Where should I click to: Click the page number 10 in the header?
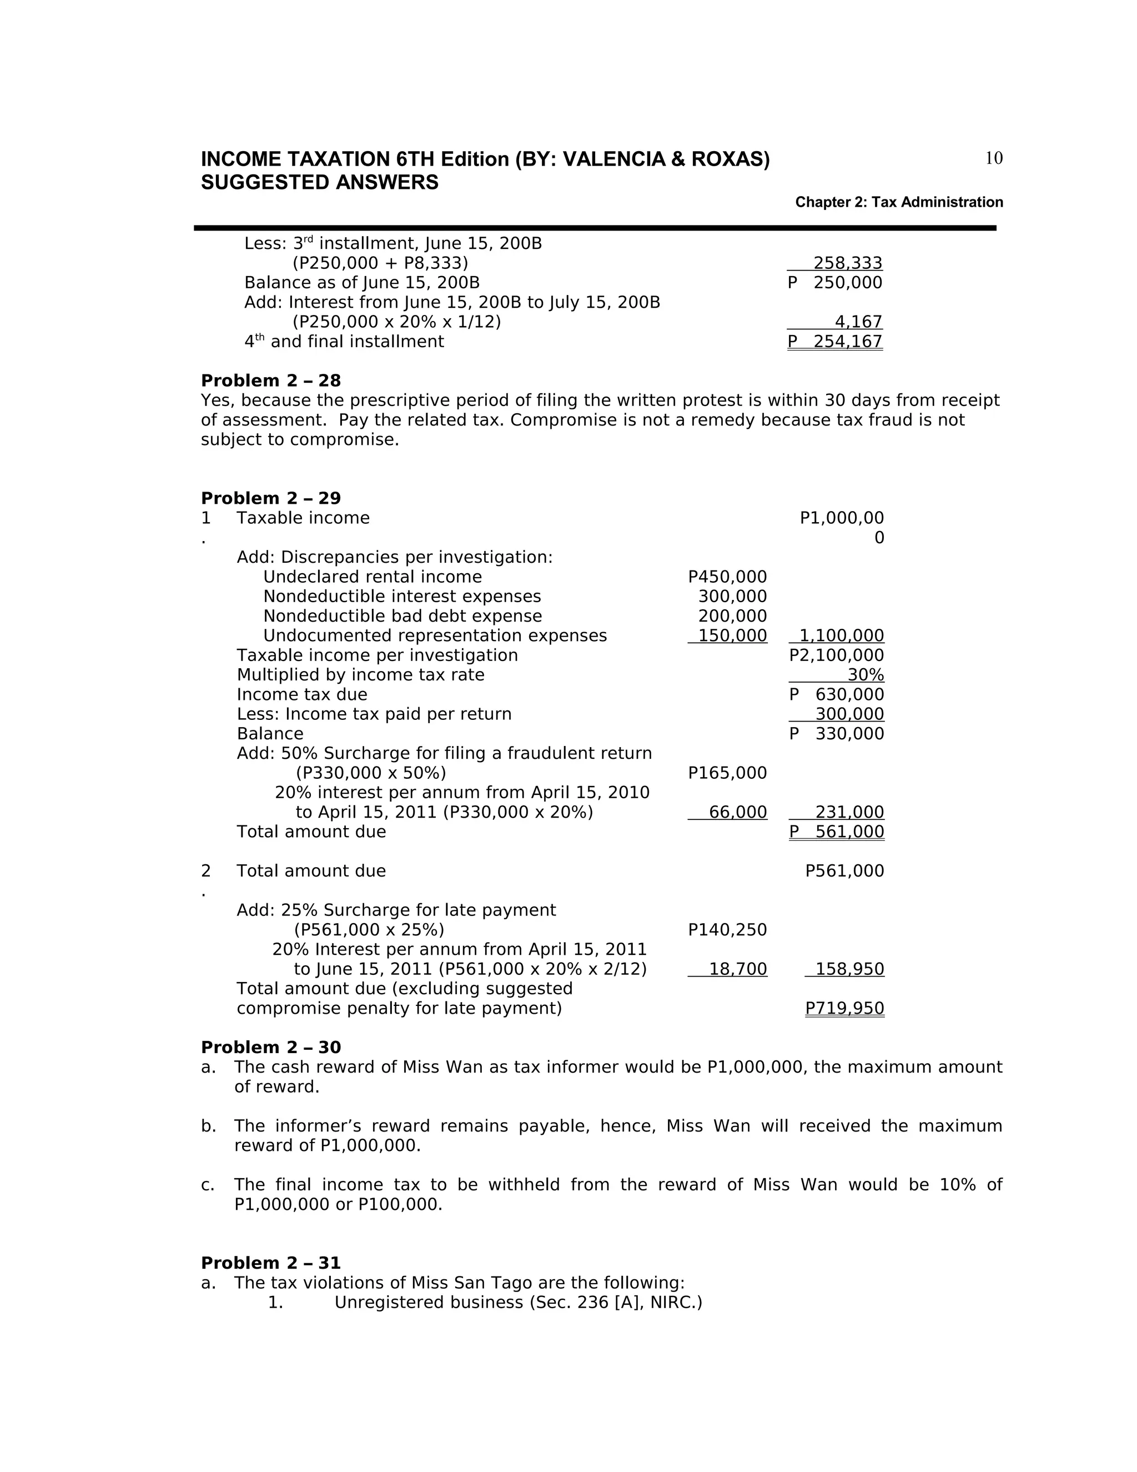994,158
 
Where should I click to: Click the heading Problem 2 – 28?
271,381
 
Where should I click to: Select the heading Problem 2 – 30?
271,1048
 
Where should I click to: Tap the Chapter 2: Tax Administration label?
899,202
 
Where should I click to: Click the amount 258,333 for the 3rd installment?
847,263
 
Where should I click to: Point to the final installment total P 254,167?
835,342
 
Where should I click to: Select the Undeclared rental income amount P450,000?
727,577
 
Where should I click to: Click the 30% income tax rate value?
866,675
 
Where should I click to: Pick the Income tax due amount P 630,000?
837,694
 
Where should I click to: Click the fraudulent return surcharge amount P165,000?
727,773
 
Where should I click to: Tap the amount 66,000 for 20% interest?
738,812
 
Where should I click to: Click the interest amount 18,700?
738,969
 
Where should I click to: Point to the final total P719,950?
844,1008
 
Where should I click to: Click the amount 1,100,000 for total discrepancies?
841,635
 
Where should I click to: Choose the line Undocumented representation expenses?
435,635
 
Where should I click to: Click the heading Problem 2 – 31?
271,1263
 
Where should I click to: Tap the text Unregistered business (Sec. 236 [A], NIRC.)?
518,1302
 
